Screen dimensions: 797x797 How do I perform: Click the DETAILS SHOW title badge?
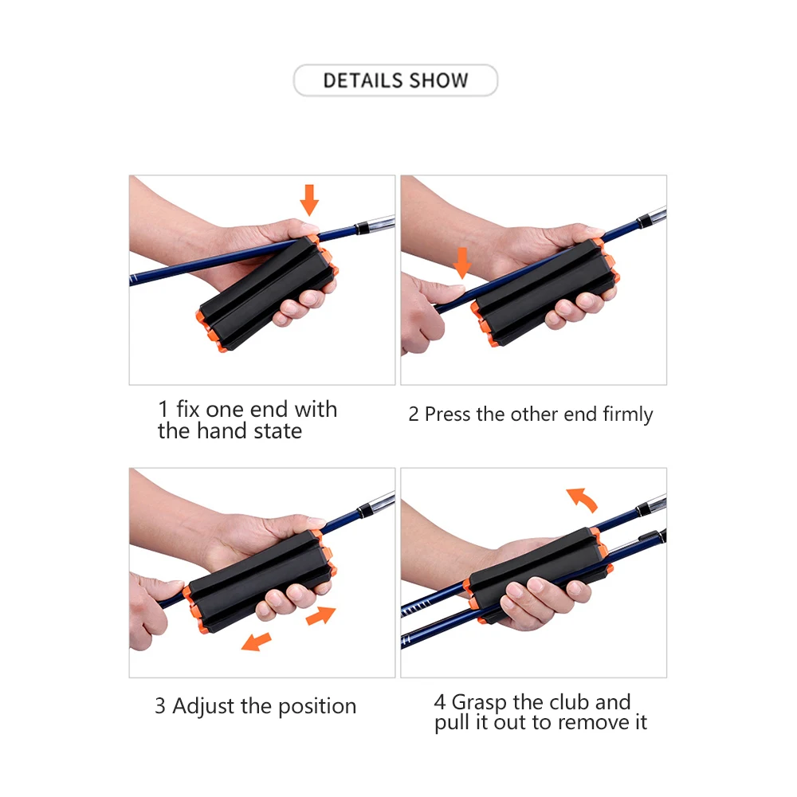[x=395, y=80]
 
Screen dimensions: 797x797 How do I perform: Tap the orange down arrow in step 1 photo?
[x=309, y=200]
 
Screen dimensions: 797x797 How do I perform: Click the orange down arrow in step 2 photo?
[x=462, y=263]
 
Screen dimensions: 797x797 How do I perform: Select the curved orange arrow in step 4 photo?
[x=583, y=498]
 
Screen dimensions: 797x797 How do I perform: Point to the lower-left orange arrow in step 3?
[x=256, y=642]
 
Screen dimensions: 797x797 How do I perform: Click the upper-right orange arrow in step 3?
[x=320, y=615]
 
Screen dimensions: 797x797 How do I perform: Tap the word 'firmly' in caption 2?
[x=628, y=414]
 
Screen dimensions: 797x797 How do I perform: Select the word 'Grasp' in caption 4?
[x=479, y=703]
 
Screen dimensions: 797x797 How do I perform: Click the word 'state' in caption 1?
[x=277, y=431]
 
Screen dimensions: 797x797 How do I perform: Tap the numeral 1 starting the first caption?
[x=163, y=409]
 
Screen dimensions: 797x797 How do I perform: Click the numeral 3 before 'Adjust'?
[x=160, y=706]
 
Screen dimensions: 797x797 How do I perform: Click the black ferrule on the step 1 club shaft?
[x=361, y=228]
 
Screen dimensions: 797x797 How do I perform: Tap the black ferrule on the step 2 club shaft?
[x=643, y=221]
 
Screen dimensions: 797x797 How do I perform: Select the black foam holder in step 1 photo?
[x=267, y=293]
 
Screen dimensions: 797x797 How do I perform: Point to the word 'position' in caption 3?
[x=317, y=707]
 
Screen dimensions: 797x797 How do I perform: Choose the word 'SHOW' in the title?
[x=438, y=80]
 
